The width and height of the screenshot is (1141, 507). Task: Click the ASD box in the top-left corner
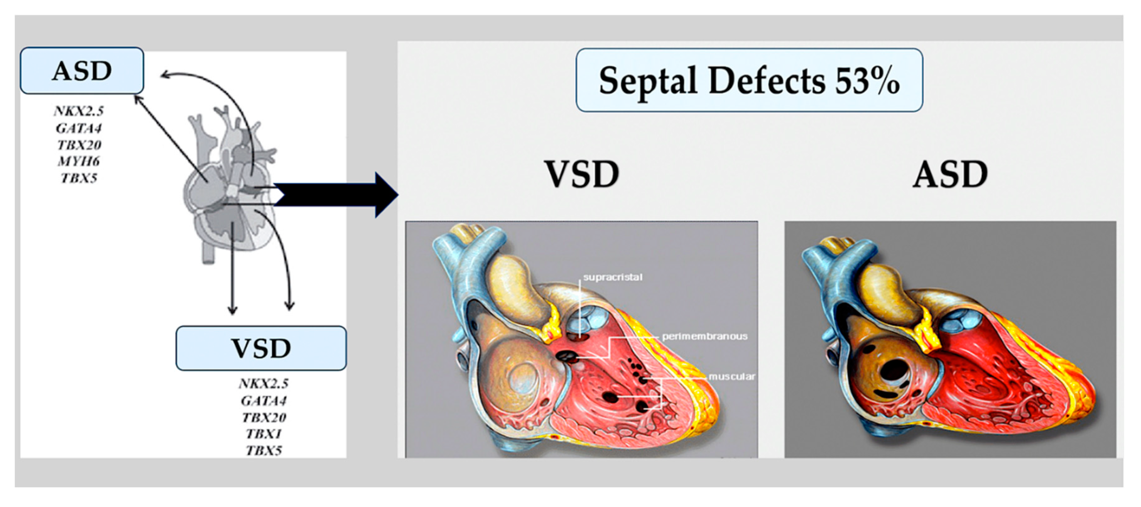[82, 71]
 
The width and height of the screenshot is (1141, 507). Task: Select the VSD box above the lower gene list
[261, 348]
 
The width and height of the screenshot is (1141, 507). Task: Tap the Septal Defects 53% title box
[749, 80]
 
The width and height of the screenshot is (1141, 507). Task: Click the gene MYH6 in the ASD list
[79, 161]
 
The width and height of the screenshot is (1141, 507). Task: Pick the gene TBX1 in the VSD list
[264, 434]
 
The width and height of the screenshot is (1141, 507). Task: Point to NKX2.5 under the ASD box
[79, 111]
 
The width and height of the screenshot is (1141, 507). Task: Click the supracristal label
[612, 277]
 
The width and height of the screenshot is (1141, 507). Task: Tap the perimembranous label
[704, 336]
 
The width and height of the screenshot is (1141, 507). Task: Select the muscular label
[731, 377]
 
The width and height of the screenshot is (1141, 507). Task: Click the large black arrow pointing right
[337, 195]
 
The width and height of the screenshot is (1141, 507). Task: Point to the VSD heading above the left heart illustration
[581, 174]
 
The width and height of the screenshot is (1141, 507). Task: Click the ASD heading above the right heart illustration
[951, 174]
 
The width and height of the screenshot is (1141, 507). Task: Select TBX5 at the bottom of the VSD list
[264, 451]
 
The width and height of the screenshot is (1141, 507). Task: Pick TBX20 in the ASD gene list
[79, 145]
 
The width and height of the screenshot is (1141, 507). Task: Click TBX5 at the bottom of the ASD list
[79, 178]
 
